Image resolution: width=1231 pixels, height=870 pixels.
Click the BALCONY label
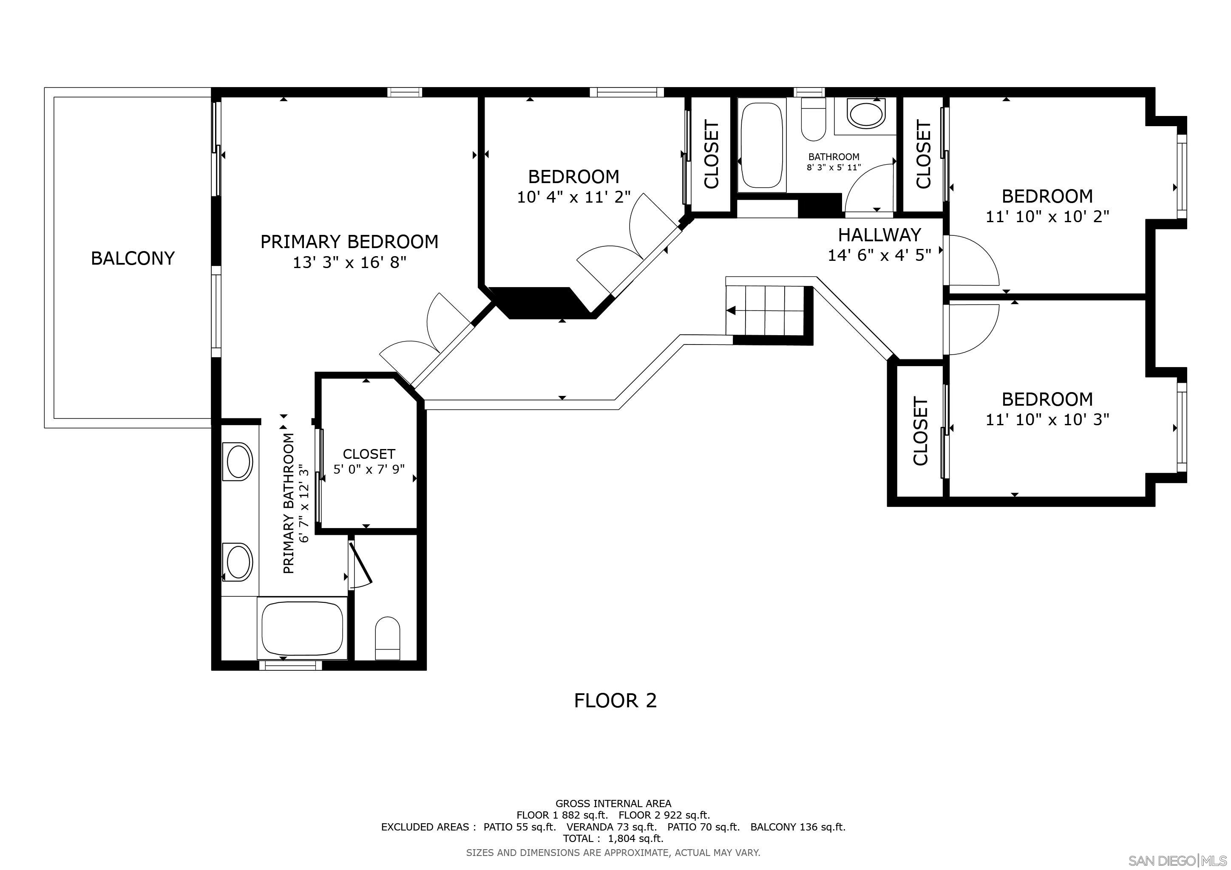coord(133,258)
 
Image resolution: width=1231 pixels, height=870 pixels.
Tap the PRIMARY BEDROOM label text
coord(349,242)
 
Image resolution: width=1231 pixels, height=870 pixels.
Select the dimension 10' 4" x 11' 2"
coord(573,197)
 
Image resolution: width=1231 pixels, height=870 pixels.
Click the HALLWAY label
coord(879,234)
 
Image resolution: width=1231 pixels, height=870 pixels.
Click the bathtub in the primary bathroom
coord(302,627)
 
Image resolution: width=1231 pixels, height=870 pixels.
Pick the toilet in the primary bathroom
coord(387,638)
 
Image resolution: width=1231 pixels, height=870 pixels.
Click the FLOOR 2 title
coord(615,701)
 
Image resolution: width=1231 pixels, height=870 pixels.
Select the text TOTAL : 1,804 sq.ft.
coord(613,839)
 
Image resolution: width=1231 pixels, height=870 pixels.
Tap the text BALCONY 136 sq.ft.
coord(797,827)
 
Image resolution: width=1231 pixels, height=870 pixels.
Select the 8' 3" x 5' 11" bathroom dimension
coord(833,167)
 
